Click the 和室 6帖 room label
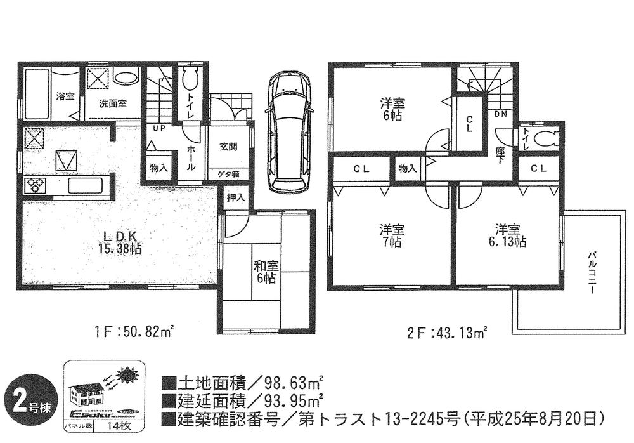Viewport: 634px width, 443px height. [264, 272]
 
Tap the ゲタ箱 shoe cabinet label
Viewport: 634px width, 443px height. [229, 173]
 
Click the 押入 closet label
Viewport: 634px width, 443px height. [235, 198]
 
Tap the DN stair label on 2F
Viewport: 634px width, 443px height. [500, 114]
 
